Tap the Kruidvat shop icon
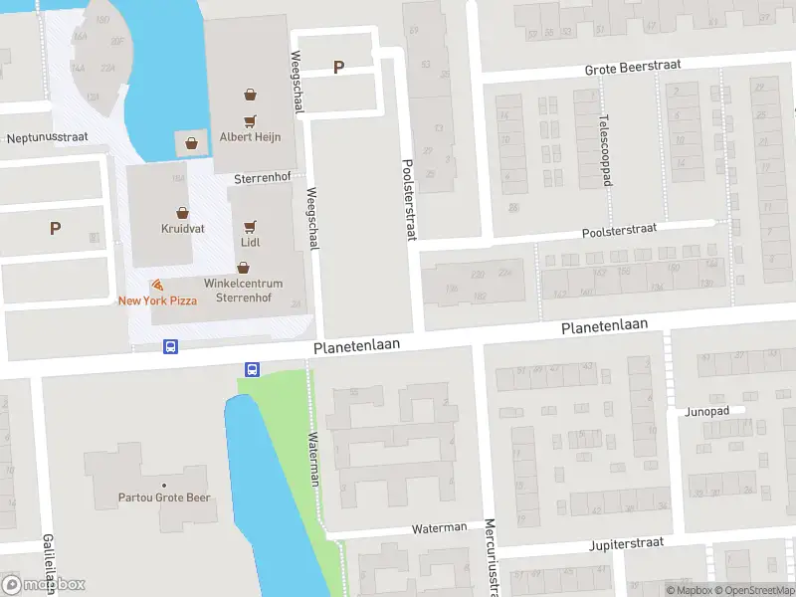pyautogui.click(x=183, y=212)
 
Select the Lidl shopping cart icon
pyautogui.click(x=250, y=226)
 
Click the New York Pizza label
pyautogui.click(x=157, y=300)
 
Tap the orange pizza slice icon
pyautogui.click(x=157, y=286)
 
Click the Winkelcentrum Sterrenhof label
pyautogui.click(x=244, y=290)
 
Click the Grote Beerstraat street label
pyautogui.click(x=633, y=66)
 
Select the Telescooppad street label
pyautogui.click(x=604, y=150)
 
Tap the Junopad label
pyautogui.click(x=707, y=411)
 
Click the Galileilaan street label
pyautogui.click(x=47, y=564)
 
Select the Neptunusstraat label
pyautogui.click(x=47, y=137)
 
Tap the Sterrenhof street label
pyautogui.click(x=262, y=179)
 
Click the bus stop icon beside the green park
pyautogui.click(x=252, y=369)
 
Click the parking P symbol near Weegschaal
pyautogui.click(x=338, y=68)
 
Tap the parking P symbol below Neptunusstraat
pyautogui.click(x=55, y=228)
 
